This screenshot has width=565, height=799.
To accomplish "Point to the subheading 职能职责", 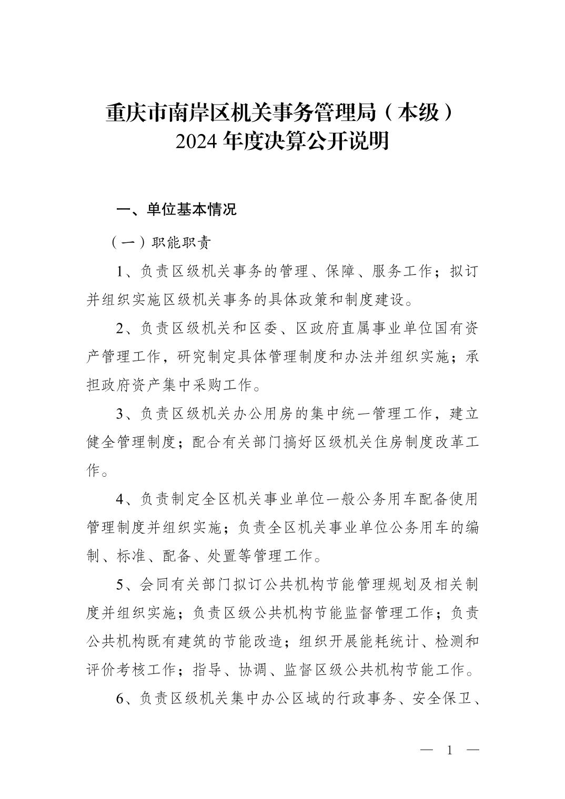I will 181,243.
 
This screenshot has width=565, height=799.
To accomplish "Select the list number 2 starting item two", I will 120,329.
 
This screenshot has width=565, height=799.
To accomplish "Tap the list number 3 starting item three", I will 120,414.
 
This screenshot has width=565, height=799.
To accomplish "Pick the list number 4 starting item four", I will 120,499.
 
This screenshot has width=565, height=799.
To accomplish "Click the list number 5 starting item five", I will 120,584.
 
